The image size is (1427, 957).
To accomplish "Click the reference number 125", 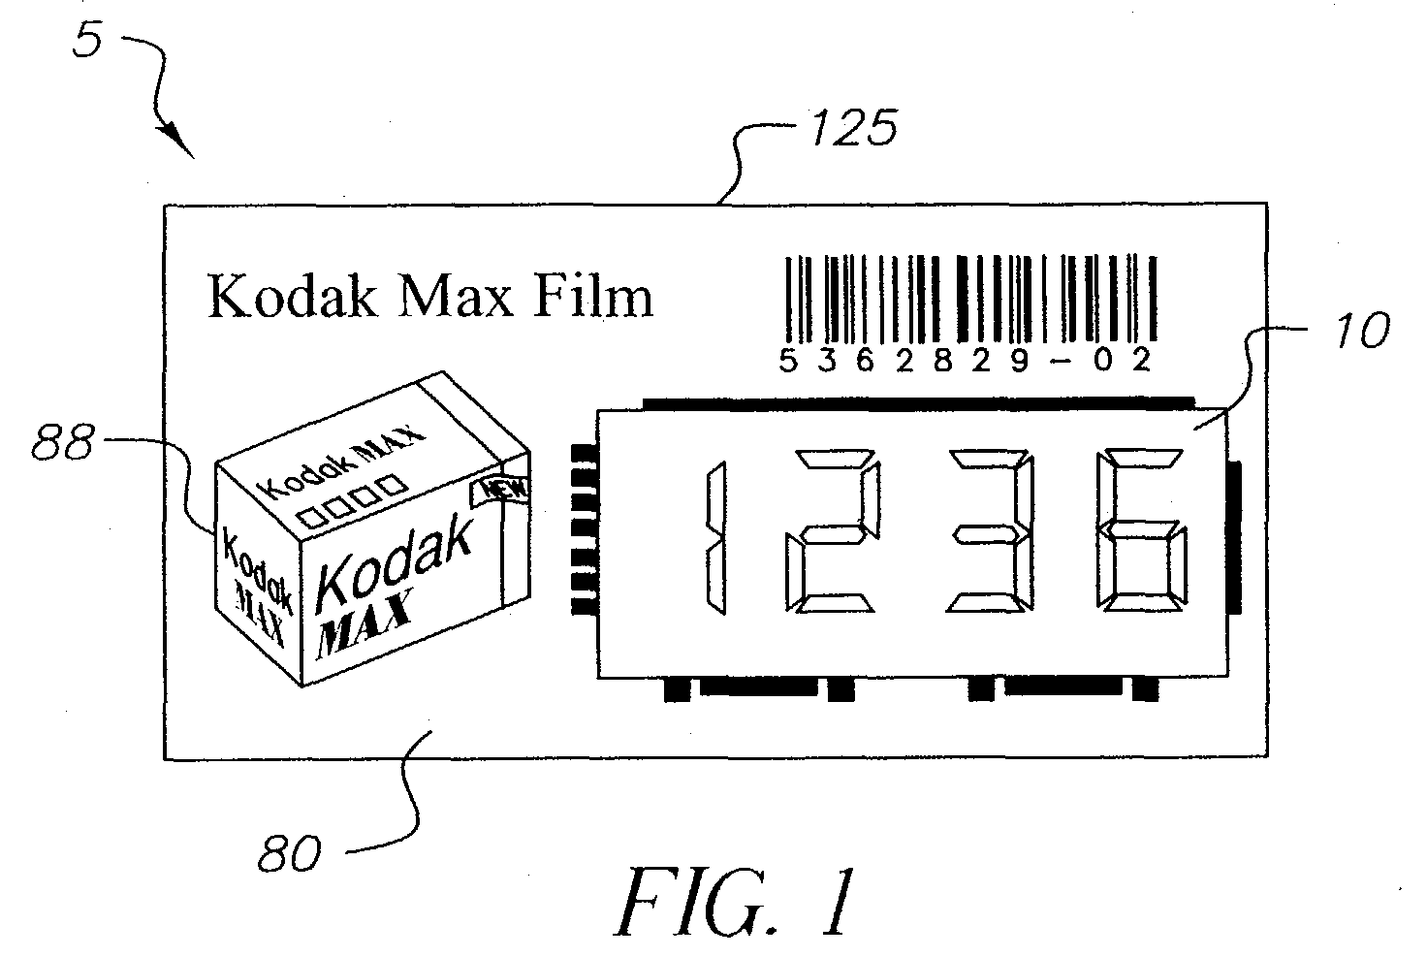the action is pyautogui.click(x=854, y=128).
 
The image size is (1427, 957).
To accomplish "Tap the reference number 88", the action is pyautogui.click(x=62, y=441).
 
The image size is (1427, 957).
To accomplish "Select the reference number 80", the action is pyautogui.click(x=289, y=854).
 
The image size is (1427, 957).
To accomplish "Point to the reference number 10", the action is pyautogui.click(x=1362, y=330).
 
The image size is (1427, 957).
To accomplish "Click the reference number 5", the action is pyautogui.click(x=87, y=40).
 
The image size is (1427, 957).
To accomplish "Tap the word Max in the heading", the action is pyautogui.click(x=456, y=297).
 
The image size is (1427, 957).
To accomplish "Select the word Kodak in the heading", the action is pyautogui.click(x=293, y=296).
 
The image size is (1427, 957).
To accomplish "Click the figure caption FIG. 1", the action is pyautogui.click(x=734, y=901).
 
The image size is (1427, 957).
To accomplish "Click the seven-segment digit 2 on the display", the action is pyautogui.click(x=833, y=531).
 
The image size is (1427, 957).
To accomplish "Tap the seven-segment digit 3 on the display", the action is pyautogui.click(x=990, y=531).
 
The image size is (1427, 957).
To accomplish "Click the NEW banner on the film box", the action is pyautogui.click(x=499, y=491).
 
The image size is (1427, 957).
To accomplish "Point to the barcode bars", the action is pyautogui.click(x=971, y=299).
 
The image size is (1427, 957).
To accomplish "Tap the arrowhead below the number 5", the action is pyautogui.click(x=179, y=143).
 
